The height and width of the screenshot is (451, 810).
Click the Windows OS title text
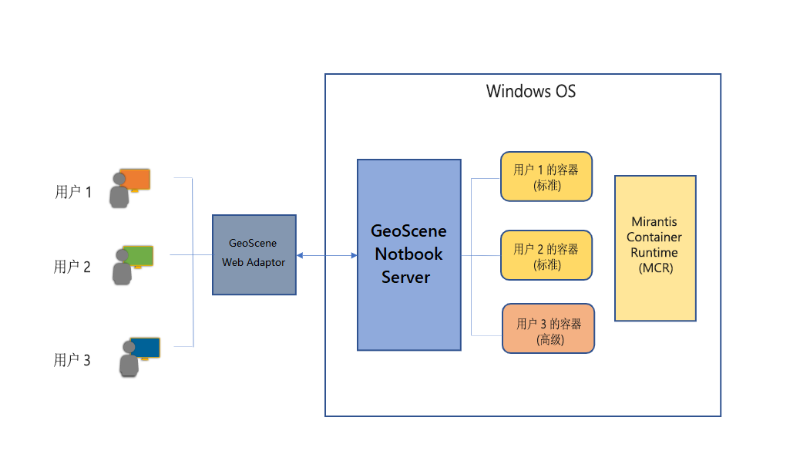[530, 92]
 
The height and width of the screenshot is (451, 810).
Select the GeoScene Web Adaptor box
[254, 255]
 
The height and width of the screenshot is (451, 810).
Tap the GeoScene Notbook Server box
[408, 254]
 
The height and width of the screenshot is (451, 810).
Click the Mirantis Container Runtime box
[654, 247]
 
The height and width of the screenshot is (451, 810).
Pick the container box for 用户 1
[546, 177]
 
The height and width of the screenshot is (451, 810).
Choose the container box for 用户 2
[546, 255]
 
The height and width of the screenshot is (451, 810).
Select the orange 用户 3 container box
[548, 328]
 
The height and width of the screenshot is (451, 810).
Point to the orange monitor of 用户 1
[136, 179]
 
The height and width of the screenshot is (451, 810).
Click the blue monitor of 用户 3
[145, 348]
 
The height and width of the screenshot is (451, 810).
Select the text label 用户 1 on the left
[73, 192]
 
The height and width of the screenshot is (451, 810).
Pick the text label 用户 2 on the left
[72, 267]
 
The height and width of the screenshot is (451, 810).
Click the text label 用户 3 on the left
[72, 359]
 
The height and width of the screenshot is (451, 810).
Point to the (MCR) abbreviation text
[655, 268]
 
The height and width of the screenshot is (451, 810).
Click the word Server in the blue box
[406, 277]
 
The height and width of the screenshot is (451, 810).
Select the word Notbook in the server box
[408, 254]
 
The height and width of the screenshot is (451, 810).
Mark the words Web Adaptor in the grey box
[254, 262]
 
